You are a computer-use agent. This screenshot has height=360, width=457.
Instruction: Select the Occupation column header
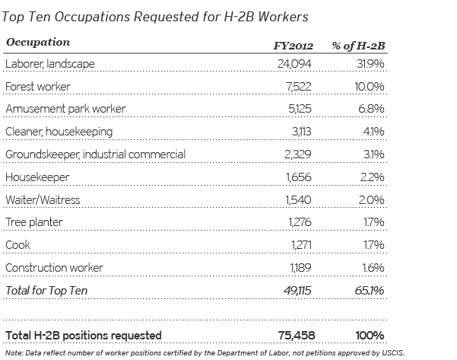coord(37,43)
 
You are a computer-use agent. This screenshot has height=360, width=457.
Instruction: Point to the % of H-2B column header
coord(358,45)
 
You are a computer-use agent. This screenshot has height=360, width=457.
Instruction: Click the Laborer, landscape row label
coord(50,64)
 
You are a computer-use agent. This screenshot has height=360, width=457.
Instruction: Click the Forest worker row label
coord(37,87)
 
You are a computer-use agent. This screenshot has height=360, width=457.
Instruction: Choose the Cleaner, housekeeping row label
coord(59,132)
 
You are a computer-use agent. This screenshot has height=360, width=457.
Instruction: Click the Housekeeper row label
coord(36,177)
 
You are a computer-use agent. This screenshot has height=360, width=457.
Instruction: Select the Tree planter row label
coord(34,222)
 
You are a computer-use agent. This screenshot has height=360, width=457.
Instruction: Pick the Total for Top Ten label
coord(45,290)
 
